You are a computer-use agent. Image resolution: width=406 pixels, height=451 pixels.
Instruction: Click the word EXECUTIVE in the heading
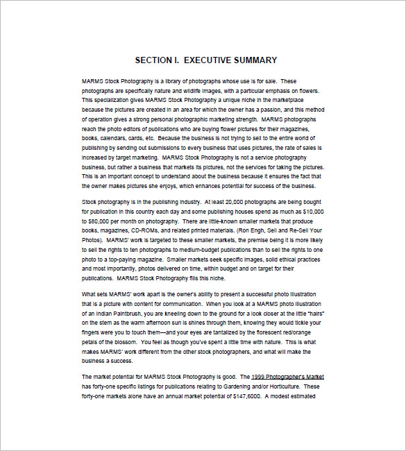tap(206, 60)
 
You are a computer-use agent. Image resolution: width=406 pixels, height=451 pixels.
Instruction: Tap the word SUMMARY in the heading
tap(255, 60)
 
